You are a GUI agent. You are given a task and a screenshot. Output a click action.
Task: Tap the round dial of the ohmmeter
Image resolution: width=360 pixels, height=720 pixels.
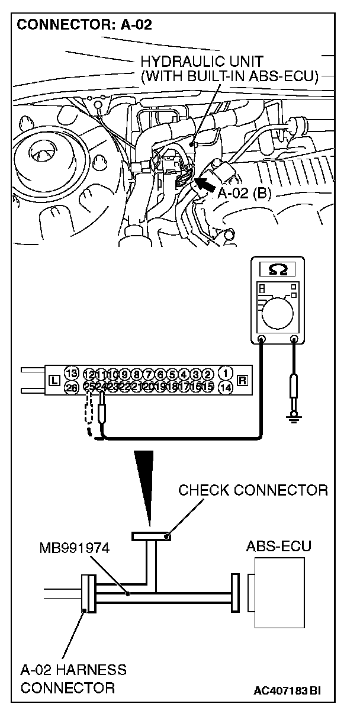click(278, 311)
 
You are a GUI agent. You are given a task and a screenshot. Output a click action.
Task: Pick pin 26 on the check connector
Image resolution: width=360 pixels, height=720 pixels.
click(72, 388)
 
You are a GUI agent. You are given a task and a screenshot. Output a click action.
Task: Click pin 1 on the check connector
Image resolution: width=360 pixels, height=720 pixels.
click(226, 374)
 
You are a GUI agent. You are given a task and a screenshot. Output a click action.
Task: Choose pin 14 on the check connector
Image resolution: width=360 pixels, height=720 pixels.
click(226, 388)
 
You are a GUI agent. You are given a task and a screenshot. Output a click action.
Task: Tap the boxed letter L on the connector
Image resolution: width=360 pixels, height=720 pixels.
click(53, 381)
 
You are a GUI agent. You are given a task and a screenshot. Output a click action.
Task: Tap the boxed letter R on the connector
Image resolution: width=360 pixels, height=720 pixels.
click(242, 381)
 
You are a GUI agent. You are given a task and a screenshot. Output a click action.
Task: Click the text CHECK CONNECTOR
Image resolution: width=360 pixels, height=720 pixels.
click(253, 490)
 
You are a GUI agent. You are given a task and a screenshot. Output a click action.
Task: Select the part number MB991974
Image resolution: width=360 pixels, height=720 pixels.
click(76, 548)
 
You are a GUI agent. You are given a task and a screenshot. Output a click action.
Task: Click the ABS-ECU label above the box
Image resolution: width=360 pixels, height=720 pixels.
click(278, 546)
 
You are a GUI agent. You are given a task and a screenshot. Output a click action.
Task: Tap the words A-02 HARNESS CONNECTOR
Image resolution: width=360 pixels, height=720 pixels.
click(73, 679)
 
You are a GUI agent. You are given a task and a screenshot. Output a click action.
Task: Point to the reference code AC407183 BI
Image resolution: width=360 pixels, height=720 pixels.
click(291, 690)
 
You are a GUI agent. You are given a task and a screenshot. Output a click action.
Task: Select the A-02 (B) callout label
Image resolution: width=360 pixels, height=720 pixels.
click(244, 194)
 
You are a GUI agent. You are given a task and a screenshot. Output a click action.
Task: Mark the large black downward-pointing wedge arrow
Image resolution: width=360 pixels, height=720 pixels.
click(146, 486)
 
